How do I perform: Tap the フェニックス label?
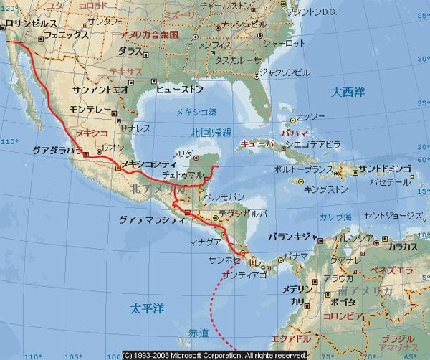pos(66,34)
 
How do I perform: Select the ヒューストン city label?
pos(180,88)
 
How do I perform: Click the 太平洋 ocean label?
pos(147,308)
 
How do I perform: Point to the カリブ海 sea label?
pos(336,216)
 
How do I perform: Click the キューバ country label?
pos(256,143)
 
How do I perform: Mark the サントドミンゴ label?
pos(386,169)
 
